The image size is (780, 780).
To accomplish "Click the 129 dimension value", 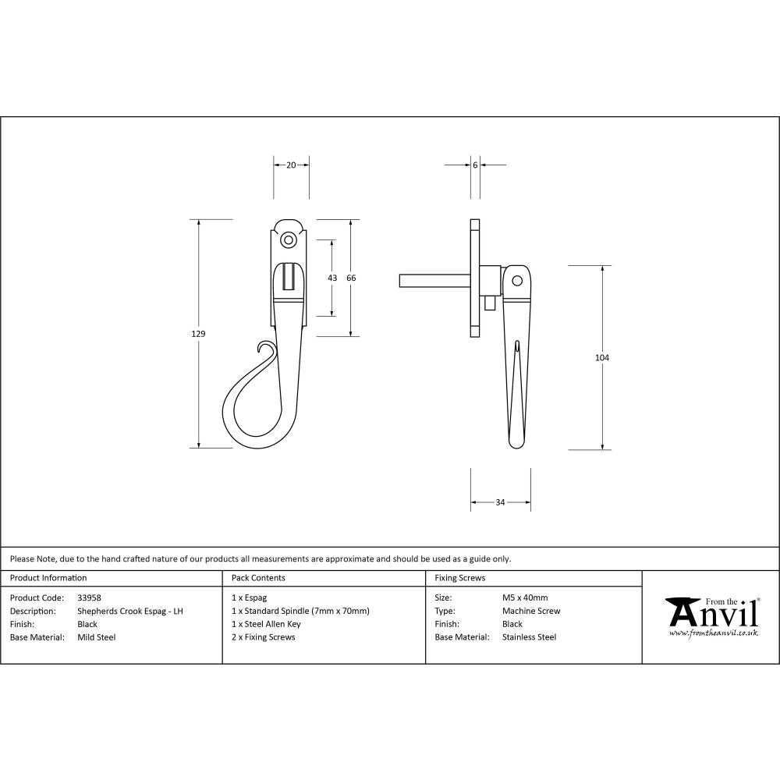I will [198, 334].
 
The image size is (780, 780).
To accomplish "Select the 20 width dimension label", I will [291, 165].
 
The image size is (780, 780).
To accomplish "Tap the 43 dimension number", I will [332, 278].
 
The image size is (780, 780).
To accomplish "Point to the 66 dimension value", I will [351, 278].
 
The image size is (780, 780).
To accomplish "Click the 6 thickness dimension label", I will [475, 165].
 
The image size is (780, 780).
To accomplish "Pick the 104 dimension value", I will [601, 357].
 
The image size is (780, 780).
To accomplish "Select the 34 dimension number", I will [500, 502].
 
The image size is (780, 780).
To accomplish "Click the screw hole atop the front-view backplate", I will [289, 239].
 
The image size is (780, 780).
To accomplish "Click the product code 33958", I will [90, 597].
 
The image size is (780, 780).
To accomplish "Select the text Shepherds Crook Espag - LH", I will [130, 611].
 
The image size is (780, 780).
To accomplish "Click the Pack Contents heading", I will [258, 578].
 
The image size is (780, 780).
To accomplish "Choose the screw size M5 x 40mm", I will [525, 597].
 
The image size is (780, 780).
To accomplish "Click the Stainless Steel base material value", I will [529, 637].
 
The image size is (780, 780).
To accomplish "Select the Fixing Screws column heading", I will [459, 578].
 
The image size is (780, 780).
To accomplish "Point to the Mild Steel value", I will [97, 637].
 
